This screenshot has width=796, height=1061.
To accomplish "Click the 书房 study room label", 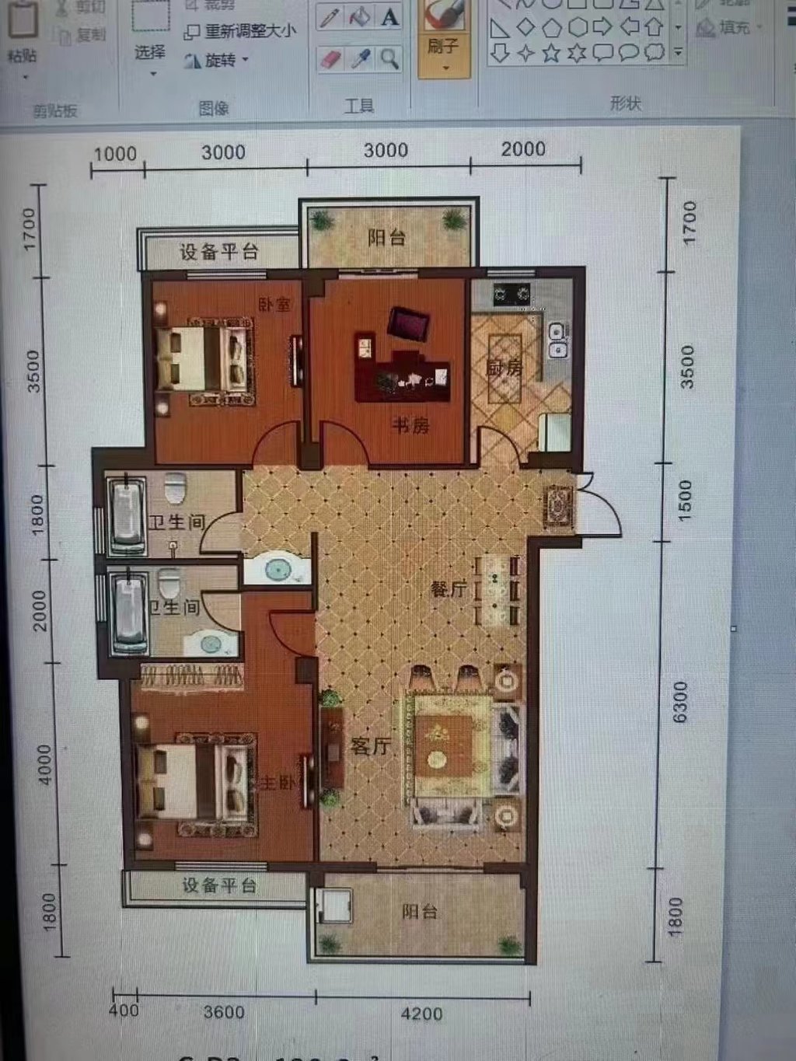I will (x=410, y=425).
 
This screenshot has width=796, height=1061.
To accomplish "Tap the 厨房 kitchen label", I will (x=504, y=367).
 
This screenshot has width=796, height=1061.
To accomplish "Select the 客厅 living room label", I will (x=370, y=746).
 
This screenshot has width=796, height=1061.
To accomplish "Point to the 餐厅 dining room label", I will (x=449, y=589).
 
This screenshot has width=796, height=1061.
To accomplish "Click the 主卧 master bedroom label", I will (x=277, y=782).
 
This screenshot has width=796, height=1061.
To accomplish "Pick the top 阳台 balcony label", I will (x=386, y=237).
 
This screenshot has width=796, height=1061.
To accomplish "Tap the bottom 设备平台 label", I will (x=219, y=885).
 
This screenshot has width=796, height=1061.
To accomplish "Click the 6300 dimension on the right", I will (x=680, y=702).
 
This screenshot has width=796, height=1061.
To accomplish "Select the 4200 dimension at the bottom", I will (x=421, y=1014).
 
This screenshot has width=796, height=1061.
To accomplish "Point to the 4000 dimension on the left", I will (x=44, y=765).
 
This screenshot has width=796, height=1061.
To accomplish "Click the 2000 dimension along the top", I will (x=522, y=148).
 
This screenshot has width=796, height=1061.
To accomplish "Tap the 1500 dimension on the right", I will (x=684, y=500).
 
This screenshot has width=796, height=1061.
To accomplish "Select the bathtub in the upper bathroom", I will (x=126, y=515).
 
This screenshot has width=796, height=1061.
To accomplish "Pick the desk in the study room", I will (x=402, y=374).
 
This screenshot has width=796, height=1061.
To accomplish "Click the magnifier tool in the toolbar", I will (x=389, y=58).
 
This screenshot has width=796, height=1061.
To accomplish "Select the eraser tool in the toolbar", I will (x=331, y=59).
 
